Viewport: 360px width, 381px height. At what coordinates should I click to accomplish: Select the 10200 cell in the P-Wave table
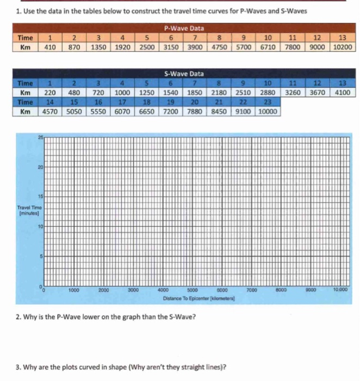343,47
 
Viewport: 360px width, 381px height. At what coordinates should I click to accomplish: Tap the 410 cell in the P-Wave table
50,47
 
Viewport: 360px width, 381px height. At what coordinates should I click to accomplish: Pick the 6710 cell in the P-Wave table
268,47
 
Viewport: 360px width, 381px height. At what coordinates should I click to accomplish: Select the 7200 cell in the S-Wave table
171,112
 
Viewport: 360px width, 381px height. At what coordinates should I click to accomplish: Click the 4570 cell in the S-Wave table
50,112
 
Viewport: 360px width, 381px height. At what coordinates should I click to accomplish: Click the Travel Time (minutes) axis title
28,210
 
